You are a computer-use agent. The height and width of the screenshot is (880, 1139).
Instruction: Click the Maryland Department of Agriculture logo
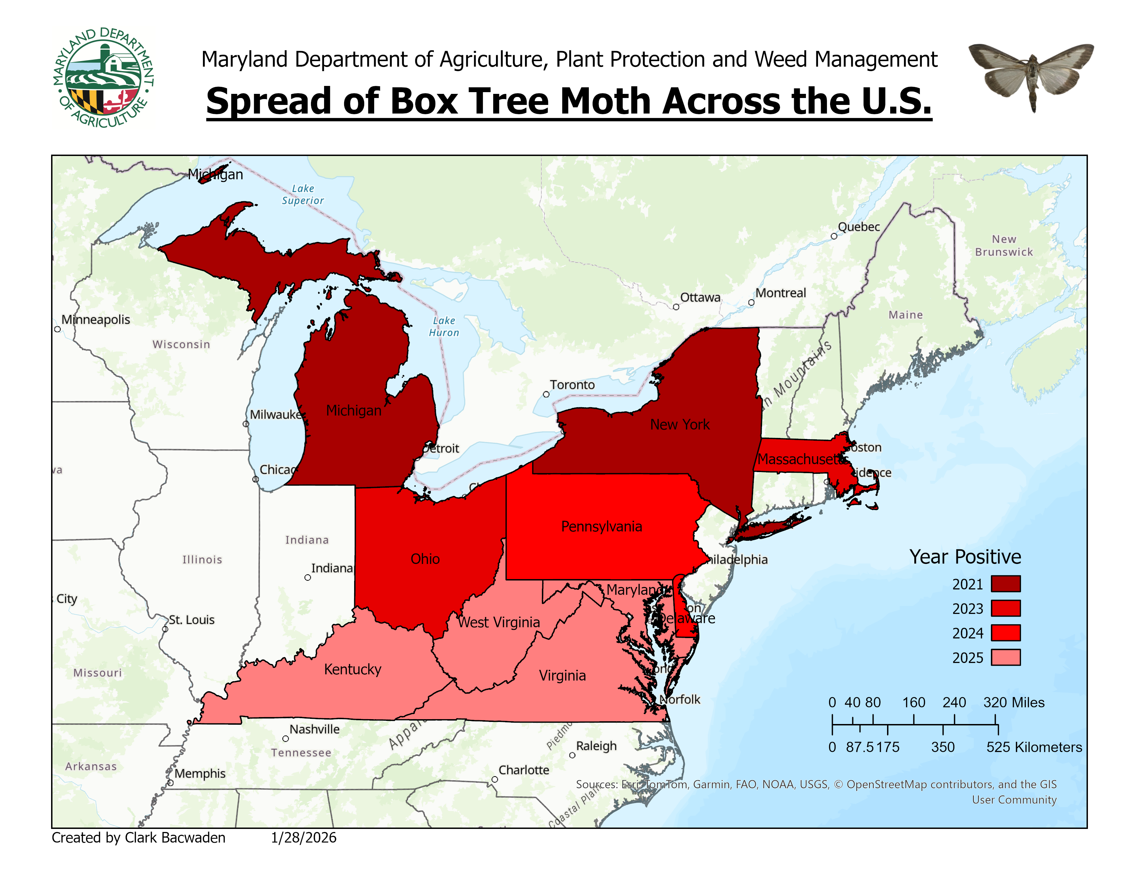coord(103,78)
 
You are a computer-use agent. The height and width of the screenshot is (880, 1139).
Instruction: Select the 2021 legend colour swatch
coord(1005,584)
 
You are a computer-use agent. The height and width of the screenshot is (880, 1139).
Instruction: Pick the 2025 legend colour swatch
coord(1005,657)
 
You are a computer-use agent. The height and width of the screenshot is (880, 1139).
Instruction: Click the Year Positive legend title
coord(965,557)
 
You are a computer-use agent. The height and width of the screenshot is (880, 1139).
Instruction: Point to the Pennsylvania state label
coord(601,527)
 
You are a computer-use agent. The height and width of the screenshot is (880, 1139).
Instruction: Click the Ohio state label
coord(425,559)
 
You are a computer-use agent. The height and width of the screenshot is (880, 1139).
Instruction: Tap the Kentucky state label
coord(352,669)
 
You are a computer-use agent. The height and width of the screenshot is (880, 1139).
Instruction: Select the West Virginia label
coord(499,623)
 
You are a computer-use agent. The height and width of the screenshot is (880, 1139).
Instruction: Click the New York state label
coord(680,424)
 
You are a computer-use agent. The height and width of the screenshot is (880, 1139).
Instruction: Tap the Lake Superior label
coord(303,194)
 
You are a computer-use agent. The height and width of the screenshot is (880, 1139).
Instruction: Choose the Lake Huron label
coord(444,326)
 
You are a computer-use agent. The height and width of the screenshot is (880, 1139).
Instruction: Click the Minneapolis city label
coord(96,320)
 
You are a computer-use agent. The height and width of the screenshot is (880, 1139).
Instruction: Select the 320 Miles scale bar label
coord(1013,702)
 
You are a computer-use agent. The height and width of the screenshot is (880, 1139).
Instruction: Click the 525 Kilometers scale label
coord(1034,747)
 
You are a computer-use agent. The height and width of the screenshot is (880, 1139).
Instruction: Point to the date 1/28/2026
coord(303,838)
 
